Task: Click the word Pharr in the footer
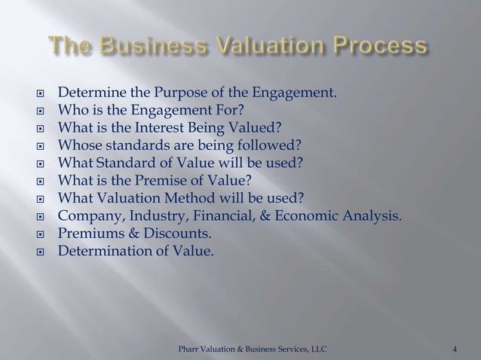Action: pos(188,348)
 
